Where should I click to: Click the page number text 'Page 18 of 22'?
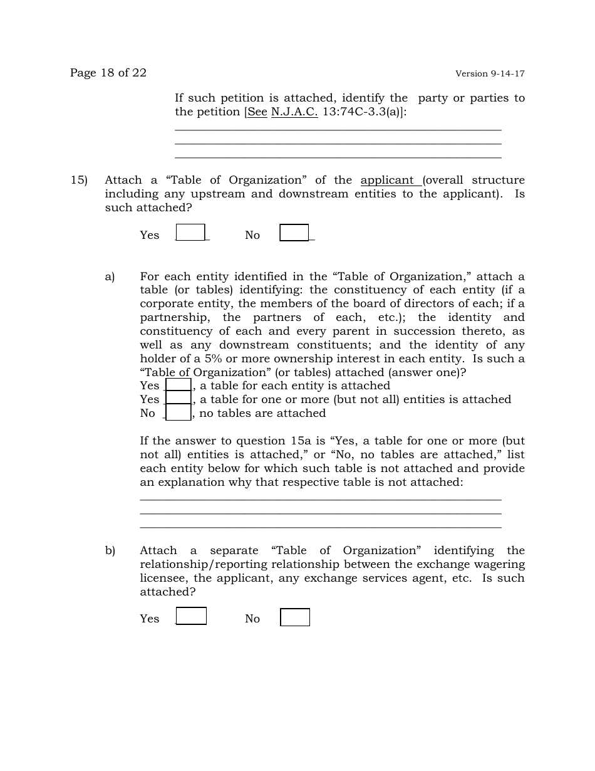tap(108, 73)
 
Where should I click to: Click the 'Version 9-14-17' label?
tap(490, 73)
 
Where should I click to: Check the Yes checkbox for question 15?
tap(190, 233)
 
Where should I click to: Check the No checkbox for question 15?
tap(294, 233)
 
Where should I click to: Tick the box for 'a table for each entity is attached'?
tap(178, 385)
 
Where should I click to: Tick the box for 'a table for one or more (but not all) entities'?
tap(178, 399)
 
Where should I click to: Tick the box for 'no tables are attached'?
tap(178, 412)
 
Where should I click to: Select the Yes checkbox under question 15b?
tap(191, 616)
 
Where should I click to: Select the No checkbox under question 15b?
tap(294, 617)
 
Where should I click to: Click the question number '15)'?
tap(79, 181)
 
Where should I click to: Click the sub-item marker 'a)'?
tap(110, 276)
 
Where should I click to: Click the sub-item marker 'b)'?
tap(110, 550)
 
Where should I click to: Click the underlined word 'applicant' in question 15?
tap(387, 181)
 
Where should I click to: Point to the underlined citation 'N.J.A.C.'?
tap(294, 112)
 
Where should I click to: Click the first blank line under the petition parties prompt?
tap(338, 129)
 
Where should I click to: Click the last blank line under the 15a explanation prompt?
tap(320, 527)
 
